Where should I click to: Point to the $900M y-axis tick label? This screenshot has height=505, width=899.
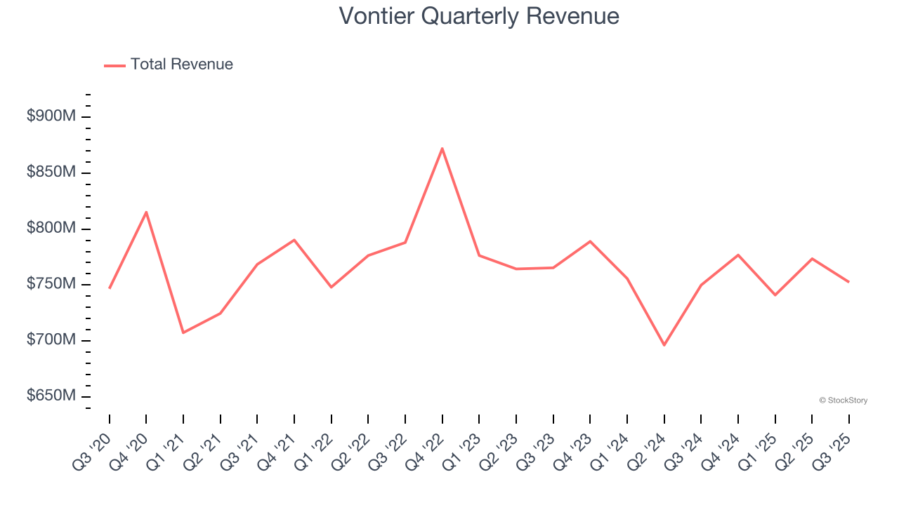[51, 116]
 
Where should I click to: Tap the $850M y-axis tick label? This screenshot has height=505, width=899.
[51, 173]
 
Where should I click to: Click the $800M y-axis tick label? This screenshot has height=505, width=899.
[51, 229]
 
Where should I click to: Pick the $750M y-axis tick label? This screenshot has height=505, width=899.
[51, 284]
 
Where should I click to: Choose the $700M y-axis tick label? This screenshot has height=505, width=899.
[51, 340]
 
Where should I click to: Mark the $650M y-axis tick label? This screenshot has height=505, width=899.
[51, 396]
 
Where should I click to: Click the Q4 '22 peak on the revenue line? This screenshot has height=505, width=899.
[442, 149]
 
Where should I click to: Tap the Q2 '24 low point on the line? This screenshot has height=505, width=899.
[664, 345]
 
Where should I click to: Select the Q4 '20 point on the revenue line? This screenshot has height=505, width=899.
[146, 212]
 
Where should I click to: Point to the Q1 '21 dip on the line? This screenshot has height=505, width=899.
[183, 332]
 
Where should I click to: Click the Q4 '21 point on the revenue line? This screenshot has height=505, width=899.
[294, 240]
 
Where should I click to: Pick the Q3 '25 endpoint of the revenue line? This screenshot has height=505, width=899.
[848, 282]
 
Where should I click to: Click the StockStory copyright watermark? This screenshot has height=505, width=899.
[843, 400]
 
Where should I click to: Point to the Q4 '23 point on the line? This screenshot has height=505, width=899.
[590, 241]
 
